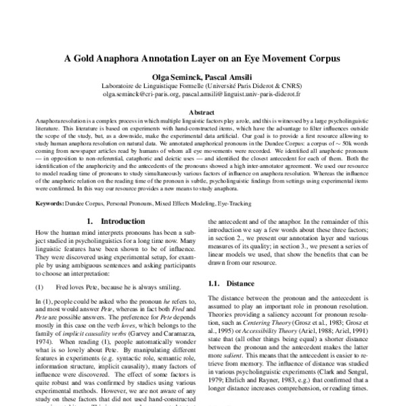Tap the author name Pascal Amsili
tap(224, 78)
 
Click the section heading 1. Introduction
tap(113, 221)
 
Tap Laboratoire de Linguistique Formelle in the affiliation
tap(152, 87)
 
